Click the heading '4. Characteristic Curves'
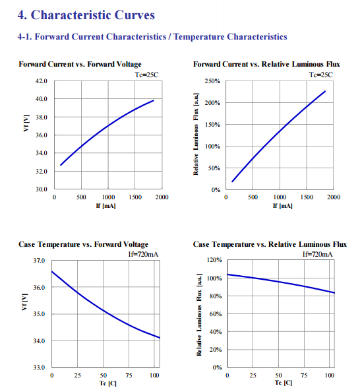pyautogui.click(x=86, y=15)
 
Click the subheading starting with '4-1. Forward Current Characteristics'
pyautogui.click(x=152, y=37)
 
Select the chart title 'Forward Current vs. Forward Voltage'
pyautogui.click(x=80, y=64)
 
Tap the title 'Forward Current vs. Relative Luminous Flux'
pyautogui.click(x=266, y=64)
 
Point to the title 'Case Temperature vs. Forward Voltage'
pyautogui.click(x=83, y=244)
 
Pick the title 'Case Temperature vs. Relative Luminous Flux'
pyautogui.click(x=270, y=244)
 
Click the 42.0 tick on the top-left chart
pyautogui.click(x=42, y=81)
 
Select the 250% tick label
pyautogui.click(x=212, y=81)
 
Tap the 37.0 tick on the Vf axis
pyautogui.click(x=39, y=260)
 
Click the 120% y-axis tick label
pyautogui.click(x=214, y=260)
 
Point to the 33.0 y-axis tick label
pyautogui.click(x=39, y=367)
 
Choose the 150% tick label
pyautogui.click(x=212, y=125)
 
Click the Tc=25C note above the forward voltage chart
pyautogui.click(x=146, y=75)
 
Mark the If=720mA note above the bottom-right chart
pyautogui.click(x=318, y=254)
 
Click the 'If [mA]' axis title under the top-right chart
pyautogui.click(x=283, y=206)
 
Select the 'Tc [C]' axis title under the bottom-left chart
pyautogui.click(x=108, y=383)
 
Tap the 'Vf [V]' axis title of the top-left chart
pyautogui.click(x=26, y=123)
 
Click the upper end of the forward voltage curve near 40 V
pyautogui.click(x=153, y=100)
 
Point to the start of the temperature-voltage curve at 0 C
pyautogui.click(x=52, y=272)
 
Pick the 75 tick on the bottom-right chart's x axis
pyautogui.click(x=304, y=375)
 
